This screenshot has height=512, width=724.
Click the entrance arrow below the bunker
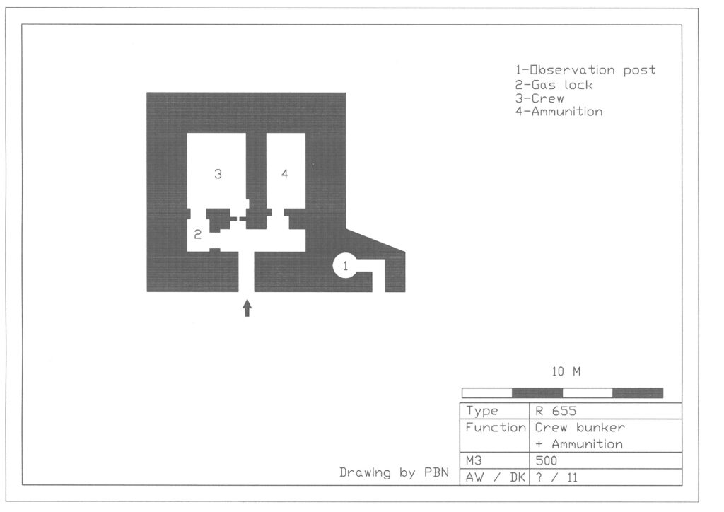point(247,308)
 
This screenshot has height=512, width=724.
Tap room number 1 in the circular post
point(345,265)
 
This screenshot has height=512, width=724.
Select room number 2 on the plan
point(198,235)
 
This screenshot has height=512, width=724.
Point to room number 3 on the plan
point(218,174)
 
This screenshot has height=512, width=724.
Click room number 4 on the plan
point(284,174)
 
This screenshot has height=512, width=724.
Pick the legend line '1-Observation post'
point(585,70)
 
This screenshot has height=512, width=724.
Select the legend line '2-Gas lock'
point(554,85)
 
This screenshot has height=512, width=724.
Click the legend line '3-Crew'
point(539,98)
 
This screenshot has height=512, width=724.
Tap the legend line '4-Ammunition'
point(559,112)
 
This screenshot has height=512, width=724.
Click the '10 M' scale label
point(566,372)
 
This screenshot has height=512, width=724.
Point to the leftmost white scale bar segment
point(487,393)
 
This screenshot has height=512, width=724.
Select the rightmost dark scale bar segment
point(638,393)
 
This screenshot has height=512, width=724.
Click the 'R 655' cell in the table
point(556,411)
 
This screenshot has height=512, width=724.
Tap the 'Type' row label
point(481,411)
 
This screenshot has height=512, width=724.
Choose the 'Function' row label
point(496,428)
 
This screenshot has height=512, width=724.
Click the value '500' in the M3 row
point(547,461)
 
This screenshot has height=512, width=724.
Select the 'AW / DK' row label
point(496,477)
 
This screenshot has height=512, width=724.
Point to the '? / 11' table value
point(556,477)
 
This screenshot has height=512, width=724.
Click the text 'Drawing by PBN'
point(394,473)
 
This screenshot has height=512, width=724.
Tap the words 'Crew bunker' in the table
point(580,428)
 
